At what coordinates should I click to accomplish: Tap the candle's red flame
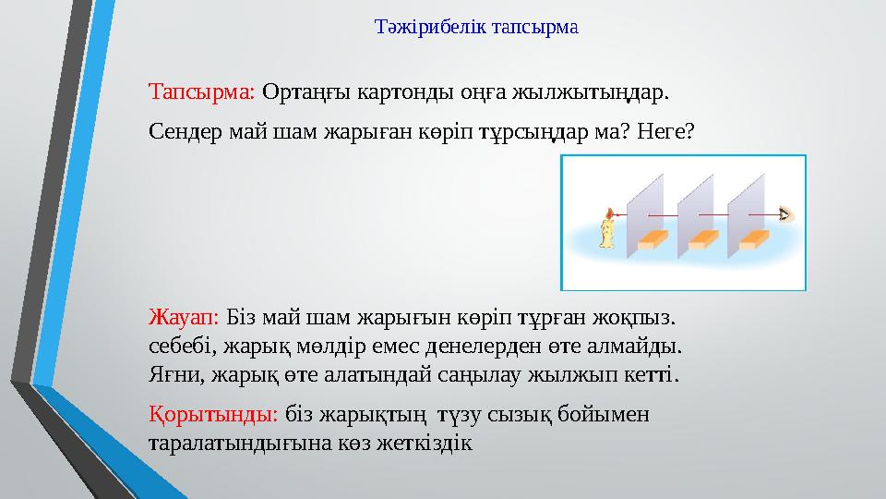point(608,213)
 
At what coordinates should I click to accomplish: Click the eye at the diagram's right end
point(784,215)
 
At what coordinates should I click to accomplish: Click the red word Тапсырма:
point(201,93)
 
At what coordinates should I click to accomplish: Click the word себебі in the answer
point(176,347)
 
